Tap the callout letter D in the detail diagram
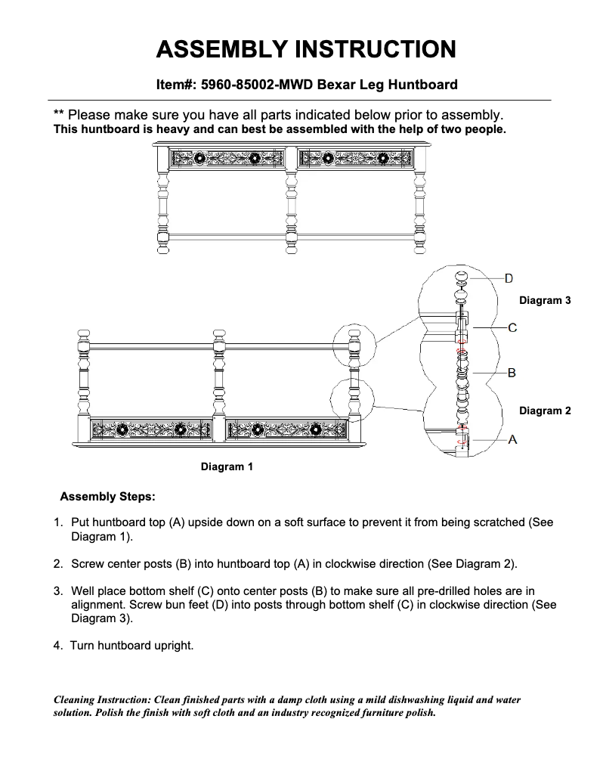click(x=509, y=278)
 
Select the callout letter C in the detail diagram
click(x=512, y=328)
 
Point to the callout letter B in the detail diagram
click(x=511, y=373)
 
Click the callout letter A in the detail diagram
click(x=512, y=438)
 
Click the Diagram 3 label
click(x=544, y=301)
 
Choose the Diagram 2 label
click(x=544, y=411)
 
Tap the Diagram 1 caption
click(x=227, y=467)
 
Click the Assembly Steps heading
click(x=107, y=497)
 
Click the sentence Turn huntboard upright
click(x=132, y=646)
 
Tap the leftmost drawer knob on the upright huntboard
click(x=199, y=159)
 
